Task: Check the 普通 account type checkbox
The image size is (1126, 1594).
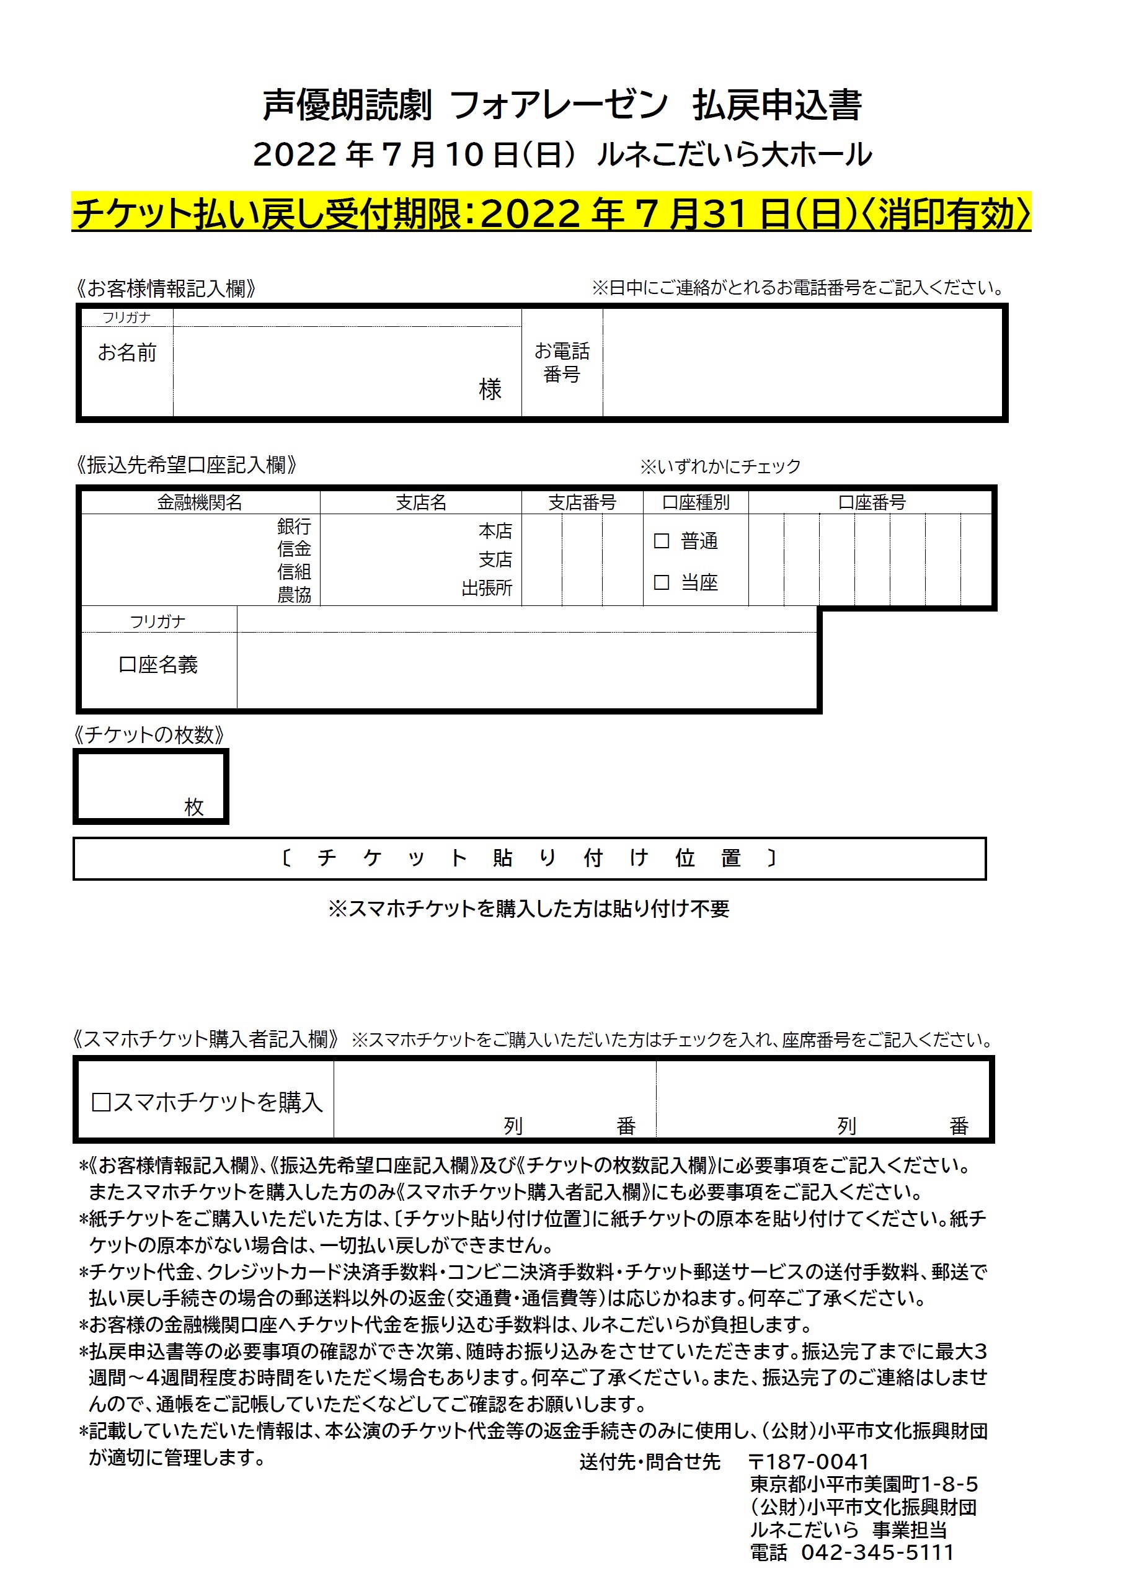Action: (x=662, y=541)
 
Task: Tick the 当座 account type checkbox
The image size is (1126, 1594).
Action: (x=662, y=582)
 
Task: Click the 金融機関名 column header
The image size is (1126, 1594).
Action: (x=199, y=502)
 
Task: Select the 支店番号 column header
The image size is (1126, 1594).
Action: (x=582, y=502)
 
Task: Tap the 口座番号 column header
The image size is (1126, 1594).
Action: (x=871, y=502)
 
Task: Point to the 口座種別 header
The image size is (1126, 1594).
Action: (x=696, y=502)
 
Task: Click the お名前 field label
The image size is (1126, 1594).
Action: (x=127, y=353)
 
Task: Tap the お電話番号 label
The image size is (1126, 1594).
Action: (x=562, y=362)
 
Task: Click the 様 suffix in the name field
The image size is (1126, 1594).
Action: (x=490, y=390)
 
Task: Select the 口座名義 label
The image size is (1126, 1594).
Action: (x=158, y=664)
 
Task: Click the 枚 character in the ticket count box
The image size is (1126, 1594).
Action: (x=193, y=807)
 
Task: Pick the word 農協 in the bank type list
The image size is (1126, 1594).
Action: (x=295, y=595)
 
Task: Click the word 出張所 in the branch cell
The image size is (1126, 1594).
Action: (x=487, y=589)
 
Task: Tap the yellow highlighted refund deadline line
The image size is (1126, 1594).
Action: (x=551, y=213)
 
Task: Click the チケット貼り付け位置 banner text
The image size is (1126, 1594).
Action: (x=529, y=859)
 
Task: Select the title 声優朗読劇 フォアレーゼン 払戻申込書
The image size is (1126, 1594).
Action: (x=562, y=105)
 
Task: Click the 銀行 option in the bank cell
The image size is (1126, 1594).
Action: (x=295, y=526)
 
